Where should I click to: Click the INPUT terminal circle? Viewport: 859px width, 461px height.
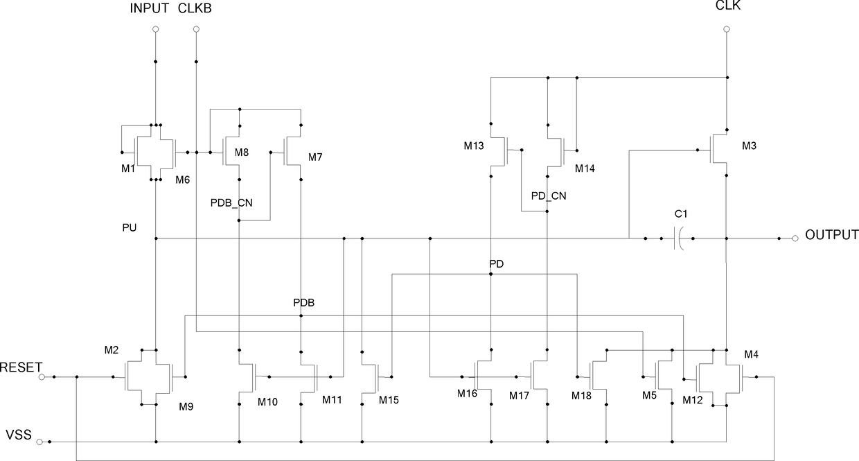(156, 29)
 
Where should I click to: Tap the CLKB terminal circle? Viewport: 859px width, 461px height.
(196, 29)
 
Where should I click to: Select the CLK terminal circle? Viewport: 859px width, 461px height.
(726, 29)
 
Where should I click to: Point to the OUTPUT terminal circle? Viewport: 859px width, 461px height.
(795, 238)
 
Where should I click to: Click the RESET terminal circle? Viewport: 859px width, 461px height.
(42, 377)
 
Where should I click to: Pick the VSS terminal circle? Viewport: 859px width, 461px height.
(39, 442)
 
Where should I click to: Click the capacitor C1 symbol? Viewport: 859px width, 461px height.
(678, 238)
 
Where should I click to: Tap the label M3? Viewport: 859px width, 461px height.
(749, 146)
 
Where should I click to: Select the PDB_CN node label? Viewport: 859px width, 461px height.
(231, 203)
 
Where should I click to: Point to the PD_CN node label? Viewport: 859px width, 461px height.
(549, 196)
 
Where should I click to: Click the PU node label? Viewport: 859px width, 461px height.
(130, 228)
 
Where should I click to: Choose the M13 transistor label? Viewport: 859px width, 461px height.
(474, 146)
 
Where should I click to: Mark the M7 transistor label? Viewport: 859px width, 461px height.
(315, 157)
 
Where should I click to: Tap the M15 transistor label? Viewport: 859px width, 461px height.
(389, 400)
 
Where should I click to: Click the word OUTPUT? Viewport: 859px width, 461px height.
(831, 235)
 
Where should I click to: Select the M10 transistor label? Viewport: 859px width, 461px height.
(267, 402)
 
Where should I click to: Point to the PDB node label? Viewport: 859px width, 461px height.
(303, 303)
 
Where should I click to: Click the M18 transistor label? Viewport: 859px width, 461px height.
(581, 396)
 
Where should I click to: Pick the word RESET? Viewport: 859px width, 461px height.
(21, 367)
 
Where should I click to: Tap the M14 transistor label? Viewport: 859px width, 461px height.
(585, 168)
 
